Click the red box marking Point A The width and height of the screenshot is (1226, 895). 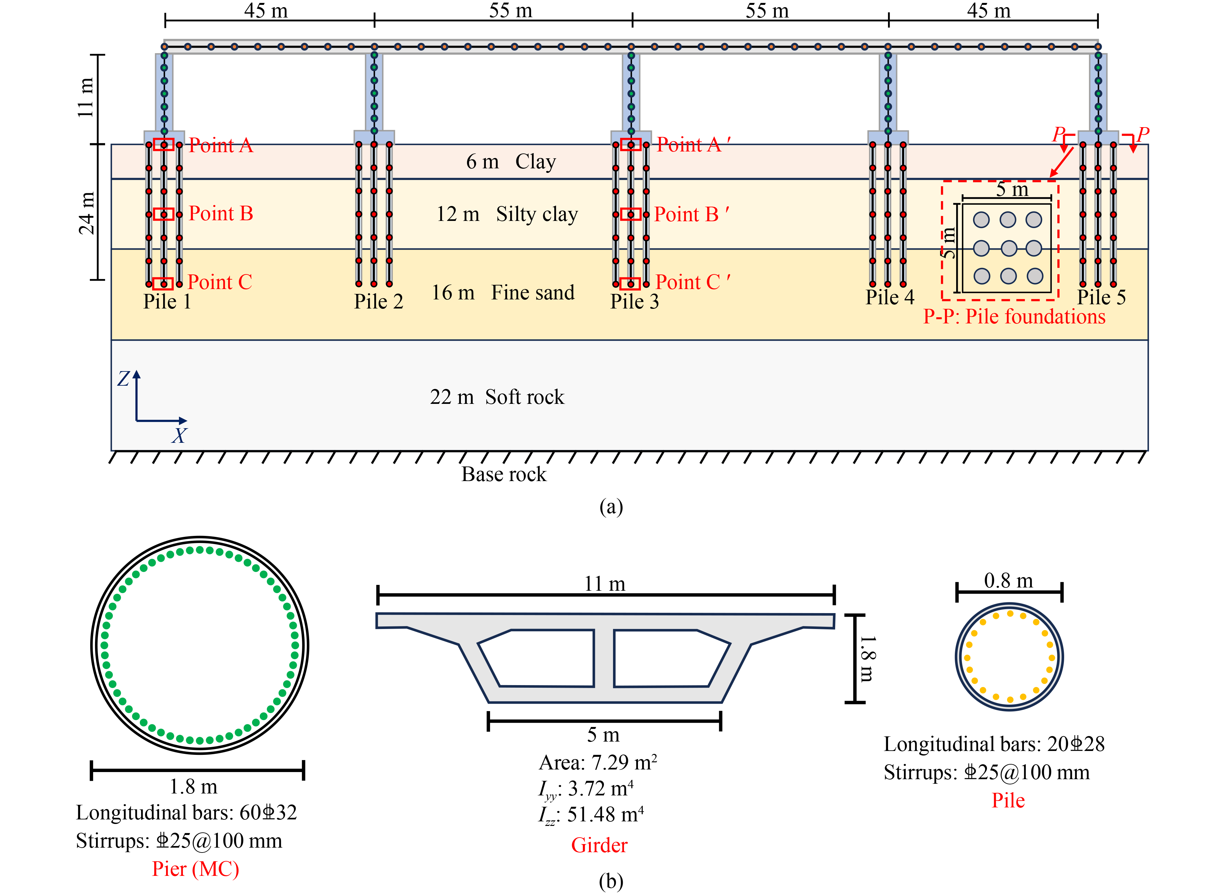163,144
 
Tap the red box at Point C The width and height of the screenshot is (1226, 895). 163,283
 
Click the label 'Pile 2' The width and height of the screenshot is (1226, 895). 379,301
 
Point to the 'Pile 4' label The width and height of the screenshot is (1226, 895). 890,297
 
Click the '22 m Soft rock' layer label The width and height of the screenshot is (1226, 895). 497,397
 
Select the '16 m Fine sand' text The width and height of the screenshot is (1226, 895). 503,293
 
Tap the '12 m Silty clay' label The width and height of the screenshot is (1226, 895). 507,214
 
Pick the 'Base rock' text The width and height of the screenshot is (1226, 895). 504,474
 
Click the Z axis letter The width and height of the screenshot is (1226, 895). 124,378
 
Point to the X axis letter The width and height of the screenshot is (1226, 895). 179,436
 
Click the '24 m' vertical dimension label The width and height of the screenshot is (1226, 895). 87,213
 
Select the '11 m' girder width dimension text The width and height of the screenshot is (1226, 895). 605,584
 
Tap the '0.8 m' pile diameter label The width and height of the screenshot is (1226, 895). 1008,580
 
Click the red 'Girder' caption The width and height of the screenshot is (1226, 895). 599,845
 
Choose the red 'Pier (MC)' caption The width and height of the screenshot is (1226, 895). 196,868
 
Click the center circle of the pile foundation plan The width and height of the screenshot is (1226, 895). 1008,248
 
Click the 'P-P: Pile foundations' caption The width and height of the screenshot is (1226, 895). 1014,316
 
